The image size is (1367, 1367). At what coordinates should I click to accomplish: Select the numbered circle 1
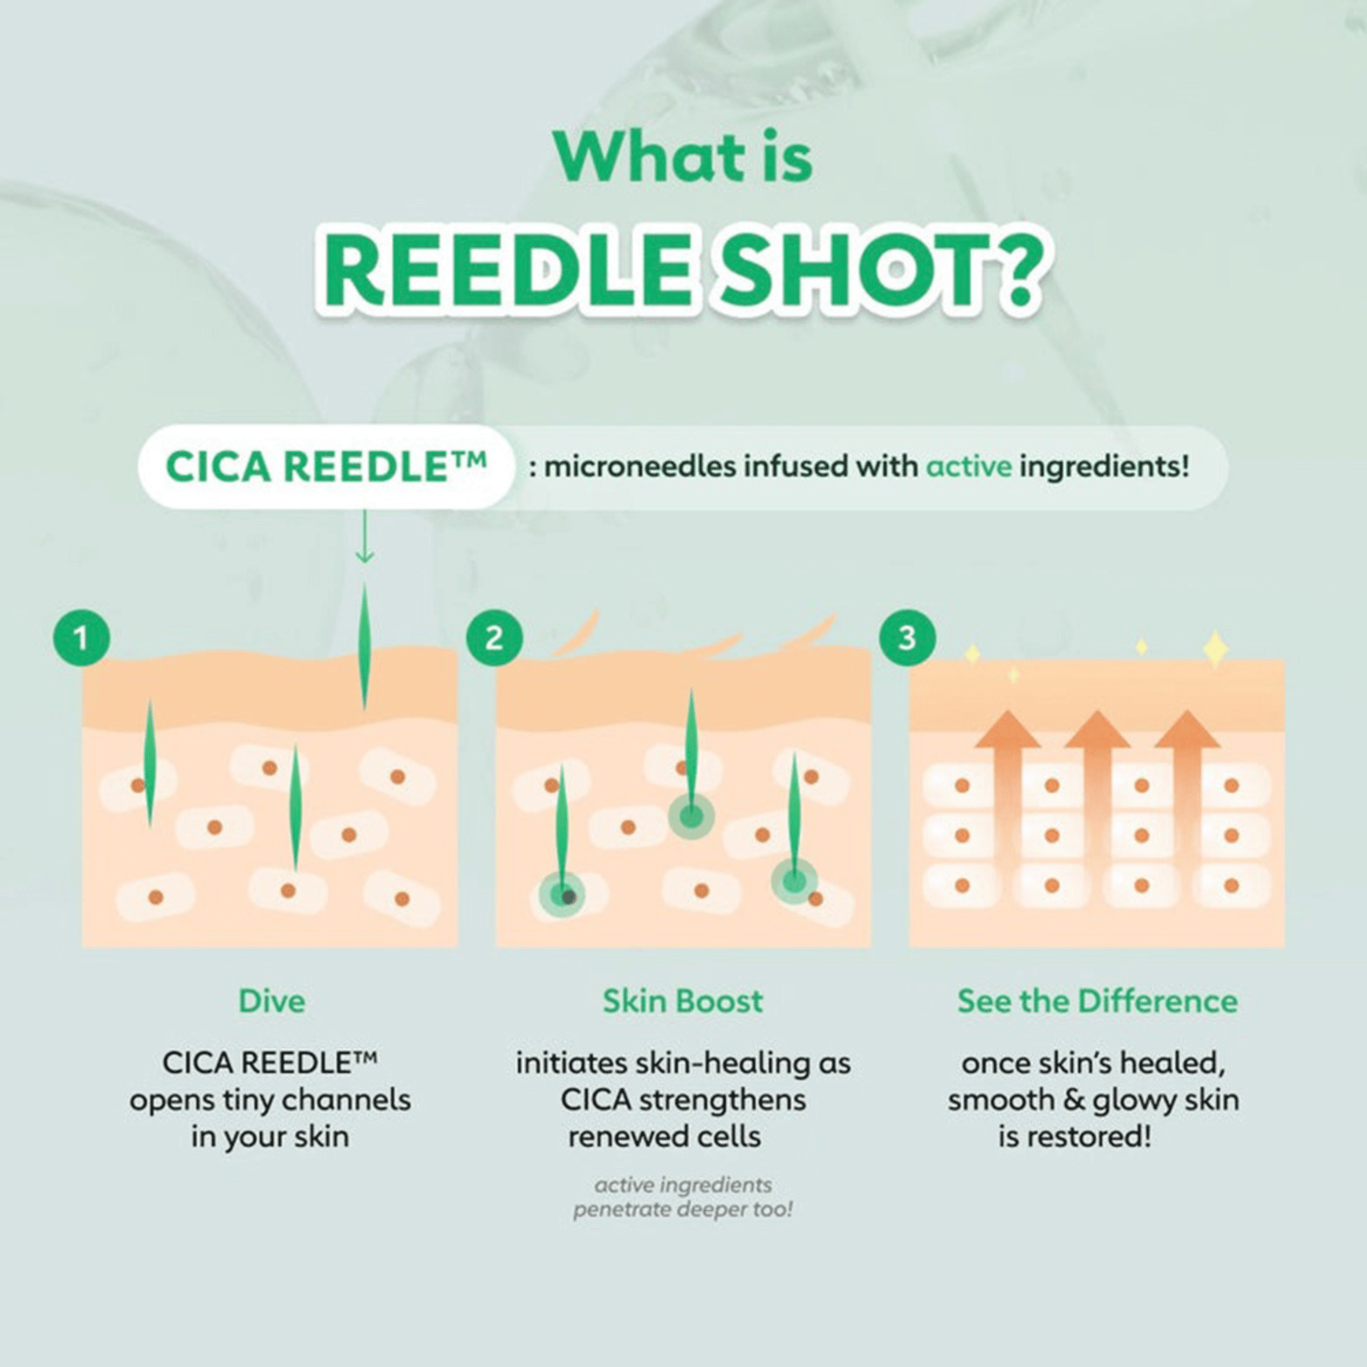click(x=81, y=639)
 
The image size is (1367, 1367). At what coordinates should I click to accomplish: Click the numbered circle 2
click(x=494, y=639)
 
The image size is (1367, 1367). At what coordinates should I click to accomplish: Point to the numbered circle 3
click(x=906, y=639)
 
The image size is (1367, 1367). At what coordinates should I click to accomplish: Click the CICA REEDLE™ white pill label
click(x=325, y=467)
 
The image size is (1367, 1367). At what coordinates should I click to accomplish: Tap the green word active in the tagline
click(x=969, y=467)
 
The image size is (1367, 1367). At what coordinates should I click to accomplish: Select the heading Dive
click(x=272, y=1002)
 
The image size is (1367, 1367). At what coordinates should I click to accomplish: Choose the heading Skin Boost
click(x=683, y=1002)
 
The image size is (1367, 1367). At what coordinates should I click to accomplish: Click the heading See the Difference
click(x=1098, y=1002)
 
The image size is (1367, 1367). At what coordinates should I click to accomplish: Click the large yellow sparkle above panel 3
click(x=1215, y=648)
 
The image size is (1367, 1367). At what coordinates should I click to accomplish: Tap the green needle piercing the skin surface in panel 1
click(x=364, y=647)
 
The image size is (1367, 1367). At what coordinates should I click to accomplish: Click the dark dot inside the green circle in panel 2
click(x=568, y=898)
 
